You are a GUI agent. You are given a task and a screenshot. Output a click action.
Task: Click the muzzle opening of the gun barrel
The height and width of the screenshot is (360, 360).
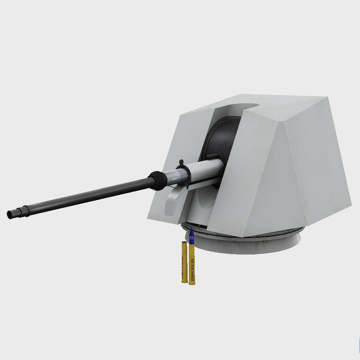click(x=9, y=215)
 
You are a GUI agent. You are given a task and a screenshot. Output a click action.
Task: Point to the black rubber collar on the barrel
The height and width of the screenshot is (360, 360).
click(x=158, y=180)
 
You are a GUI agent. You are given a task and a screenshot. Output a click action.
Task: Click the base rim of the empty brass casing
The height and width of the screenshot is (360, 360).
click(x=183, y=282)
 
